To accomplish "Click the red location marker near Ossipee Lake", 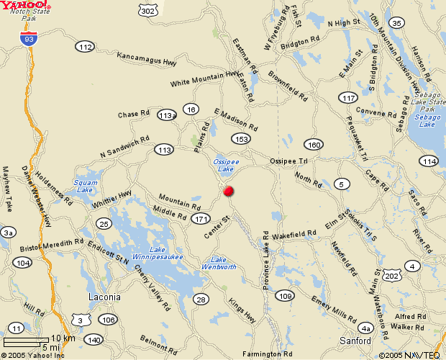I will (x=229, y=191).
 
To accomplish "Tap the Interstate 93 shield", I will (x=29, y=40).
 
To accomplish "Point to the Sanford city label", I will (x=354, y=340).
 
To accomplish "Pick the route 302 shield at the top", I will (x=147, y=11).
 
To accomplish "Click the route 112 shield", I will (x=85, y=47).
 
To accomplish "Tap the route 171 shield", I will (x=201, y=219).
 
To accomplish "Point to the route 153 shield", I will (x=240, y=138).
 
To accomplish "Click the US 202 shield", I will (x=391, y=276).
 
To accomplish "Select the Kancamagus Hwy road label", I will (x=147, y=59).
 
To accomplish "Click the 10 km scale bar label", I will (x=63, y=338).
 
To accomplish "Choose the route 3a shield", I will (x=8, y=232).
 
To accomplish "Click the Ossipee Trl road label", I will (x=288, y=161).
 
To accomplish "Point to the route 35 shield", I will (x=396, y=23).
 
